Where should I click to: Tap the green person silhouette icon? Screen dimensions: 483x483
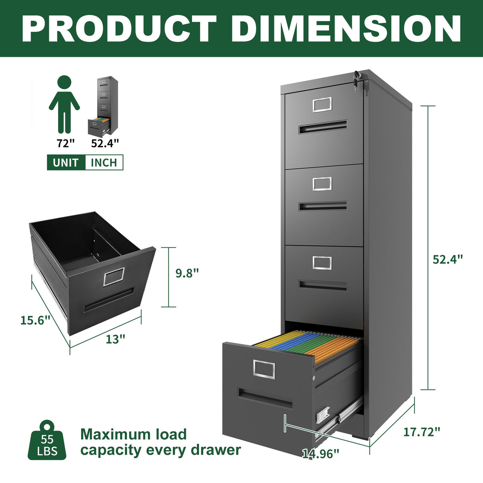coord(64,105)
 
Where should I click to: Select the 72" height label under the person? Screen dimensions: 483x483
coord(66,143)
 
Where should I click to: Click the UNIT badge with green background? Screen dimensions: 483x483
coord(66,162)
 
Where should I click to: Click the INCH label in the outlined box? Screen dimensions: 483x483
coord(104,162)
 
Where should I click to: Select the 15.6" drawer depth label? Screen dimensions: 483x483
coord(35,320)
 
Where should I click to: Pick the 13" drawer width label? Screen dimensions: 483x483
coord(115,339)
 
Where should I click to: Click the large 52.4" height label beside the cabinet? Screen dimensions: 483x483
coord(448,259)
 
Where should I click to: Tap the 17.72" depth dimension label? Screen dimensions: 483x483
coord(422,431)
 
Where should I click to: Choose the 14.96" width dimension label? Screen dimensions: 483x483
coord(321,454)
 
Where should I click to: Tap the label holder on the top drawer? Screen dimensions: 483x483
coord(322,104)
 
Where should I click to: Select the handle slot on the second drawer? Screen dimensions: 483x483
coord(323,206)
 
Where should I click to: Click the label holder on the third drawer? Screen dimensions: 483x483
coord(322,263)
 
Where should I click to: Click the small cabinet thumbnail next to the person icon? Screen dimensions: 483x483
coord(103,105)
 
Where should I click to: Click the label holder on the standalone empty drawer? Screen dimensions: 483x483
coord(114,277)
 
